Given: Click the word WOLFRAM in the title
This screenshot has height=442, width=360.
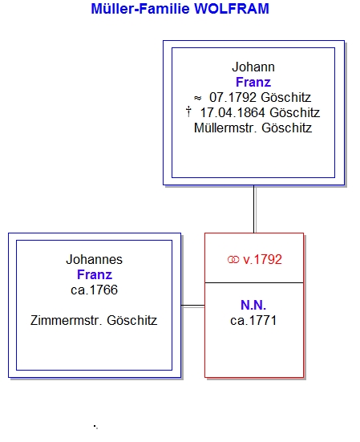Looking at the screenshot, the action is (232, 9).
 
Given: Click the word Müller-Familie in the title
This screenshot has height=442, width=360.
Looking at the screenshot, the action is (140, 9).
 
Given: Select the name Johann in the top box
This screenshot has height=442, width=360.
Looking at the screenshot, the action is (253, 67).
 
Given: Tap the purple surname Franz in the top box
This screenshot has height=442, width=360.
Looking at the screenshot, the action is (253, 83).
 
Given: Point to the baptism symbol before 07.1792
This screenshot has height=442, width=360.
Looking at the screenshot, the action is (197, 98).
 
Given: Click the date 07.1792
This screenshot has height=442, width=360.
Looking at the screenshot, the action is (233, 98).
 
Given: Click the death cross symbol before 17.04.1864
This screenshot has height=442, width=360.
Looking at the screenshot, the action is (188, 112).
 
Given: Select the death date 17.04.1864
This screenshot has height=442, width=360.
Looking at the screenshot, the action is (233, 113).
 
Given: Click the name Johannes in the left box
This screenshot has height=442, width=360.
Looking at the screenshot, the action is (95, 260).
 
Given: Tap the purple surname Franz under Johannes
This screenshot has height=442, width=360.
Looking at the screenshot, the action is (95, 275).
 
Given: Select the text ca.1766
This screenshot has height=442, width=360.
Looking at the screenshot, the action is (95, 290).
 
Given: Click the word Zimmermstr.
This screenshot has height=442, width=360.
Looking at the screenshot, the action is (67, 321).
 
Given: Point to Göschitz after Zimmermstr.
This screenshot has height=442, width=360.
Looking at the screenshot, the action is (132, 321).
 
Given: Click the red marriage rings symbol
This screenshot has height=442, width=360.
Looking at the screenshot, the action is (233, 260).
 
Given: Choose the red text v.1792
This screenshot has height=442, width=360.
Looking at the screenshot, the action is (262, 260).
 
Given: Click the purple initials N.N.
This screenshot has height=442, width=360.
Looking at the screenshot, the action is (253, 306).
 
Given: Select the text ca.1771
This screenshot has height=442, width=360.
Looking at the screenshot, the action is (253, 321).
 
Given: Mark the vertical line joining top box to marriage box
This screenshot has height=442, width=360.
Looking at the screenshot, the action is (254, 209).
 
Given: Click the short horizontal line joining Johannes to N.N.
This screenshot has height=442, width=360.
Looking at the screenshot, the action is (193, 306).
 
